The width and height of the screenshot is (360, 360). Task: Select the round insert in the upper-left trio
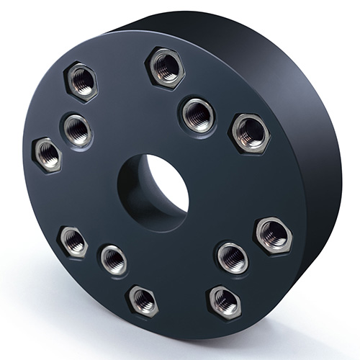click(76, 130)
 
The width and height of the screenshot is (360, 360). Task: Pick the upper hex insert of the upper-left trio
click(81, 81)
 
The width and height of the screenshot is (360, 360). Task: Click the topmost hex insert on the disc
click(166, 67)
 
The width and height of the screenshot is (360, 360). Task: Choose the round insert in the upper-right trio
click(197, 114)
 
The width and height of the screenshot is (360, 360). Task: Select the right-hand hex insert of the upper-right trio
click(249, 132)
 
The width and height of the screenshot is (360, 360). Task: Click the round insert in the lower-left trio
click(113, 259)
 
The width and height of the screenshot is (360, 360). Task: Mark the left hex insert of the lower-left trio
click(73, 241)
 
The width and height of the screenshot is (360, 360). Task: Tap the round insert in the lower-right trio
click(232, 256)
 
